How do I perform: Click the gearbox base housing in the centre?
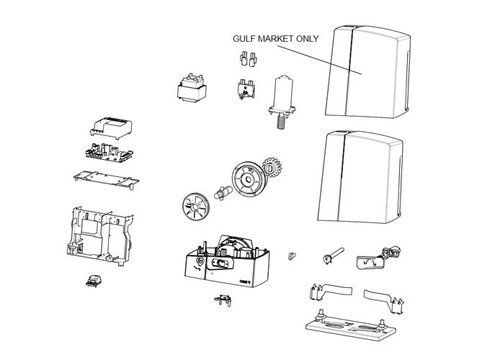pos(224,264)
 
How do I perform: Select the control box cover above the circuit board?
pos(112,126)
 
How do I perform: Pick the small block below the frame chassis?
pos(92,281)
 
